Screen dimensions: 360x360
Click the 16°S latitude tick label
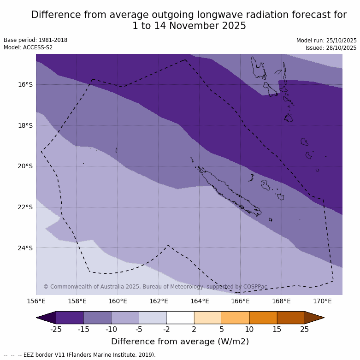(x=25, y=84)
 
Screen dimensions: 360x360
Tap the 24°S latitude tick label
(x=25, y=248)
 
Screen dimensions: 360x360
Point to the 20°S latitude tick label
(x=25, y=166)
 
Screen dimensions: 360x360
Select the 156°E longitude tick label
(x=36, y=301)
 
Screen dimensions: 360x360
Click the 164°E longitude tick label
(x=200, y=301)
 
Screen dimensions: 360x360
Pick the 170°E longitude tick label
(x=322, y=301)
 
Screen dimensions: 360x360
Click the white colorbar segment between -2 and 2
(x=180, y=318)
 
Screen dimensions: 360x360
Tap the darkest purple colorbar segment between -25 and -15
(x=70, y=318)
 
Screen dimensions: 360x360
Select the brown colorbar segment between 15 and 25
(x=291, y=318)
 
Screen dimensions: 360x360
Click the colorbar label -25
(x=56, y=329)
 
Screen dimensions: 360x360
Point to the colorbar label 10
(x=249, y=329)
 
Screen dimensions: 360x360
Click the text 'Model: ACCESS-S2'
(x=28, y=47)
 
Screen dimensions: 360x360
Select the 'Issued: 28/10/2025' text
(x=331, y=48)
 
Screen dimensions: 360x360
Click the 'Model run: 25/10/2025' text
(x=326, y=41)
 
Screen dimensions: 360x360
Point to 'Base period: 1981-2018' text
(x=35, y=40)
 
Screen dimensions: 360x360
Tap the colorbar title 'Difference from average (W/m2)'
(x=180, y=342)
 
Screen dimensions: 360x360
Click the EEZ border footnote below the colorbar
(x=79, y=355)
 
